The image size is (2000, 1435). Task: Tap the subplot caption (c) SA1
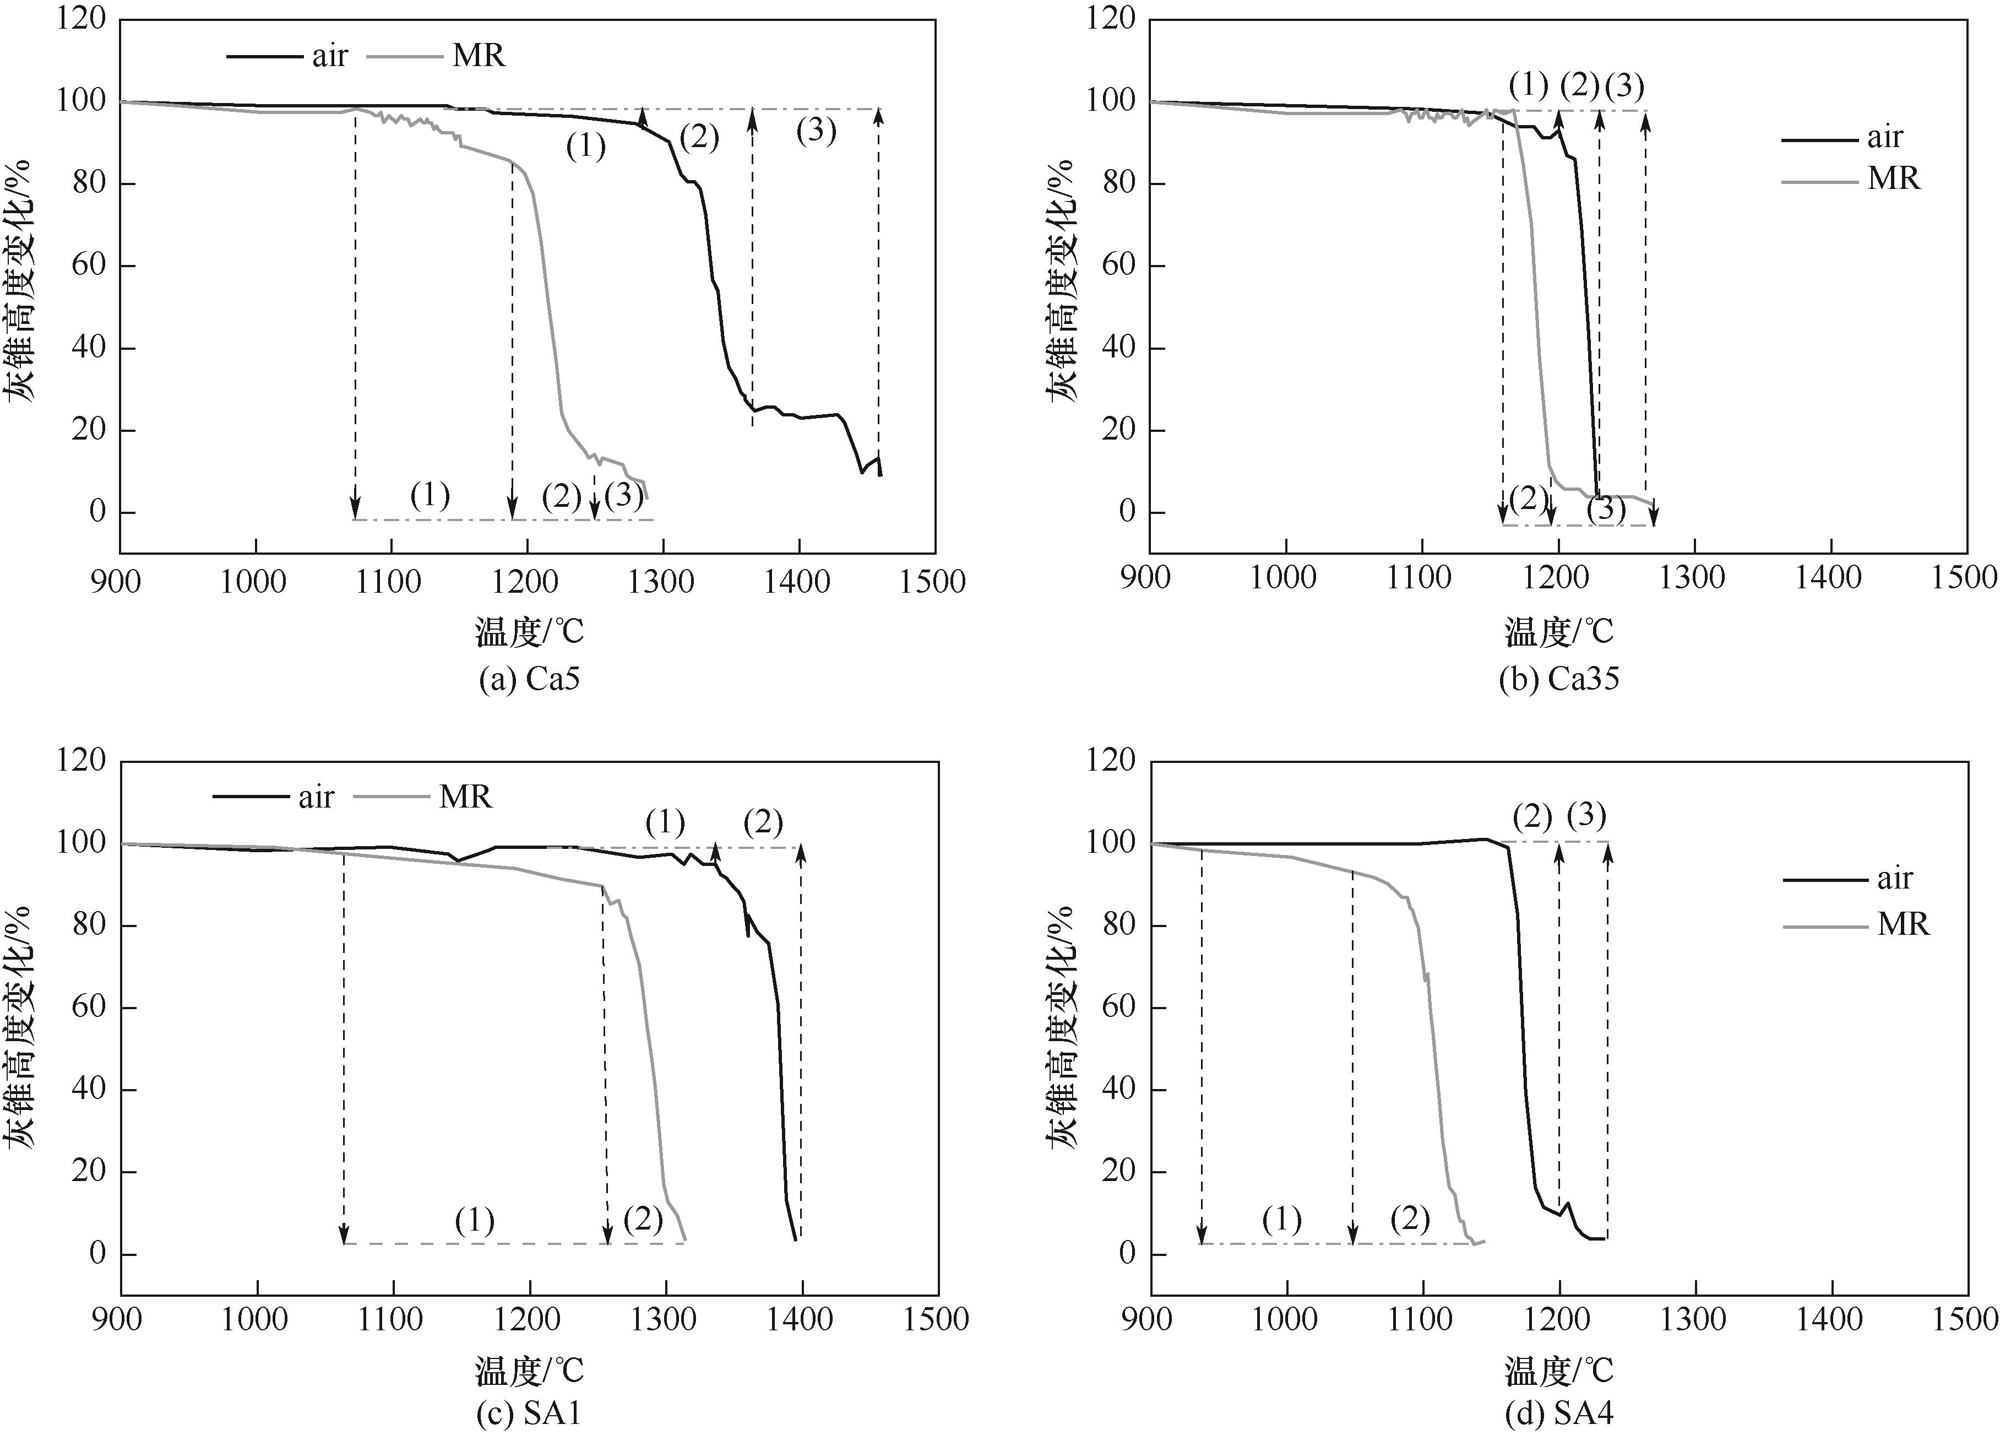click(x=529, y=1414)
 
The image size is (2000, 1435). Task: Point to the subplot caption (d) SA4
click(x=1559, y=1414)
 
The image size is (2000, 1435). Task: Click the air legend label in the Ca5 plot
click(x=330, y=56)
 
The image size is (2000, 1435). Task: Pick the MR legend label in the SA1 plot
click(x=465, y=797)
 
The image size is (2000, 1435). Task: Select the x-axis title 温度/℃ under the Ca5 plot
click(x=530, y=631)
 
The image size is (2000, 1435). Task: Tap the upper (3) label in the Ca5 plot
click(x=816, y=132)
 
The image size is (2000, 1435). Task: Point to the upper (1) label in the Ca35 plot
click(x=1528, y=85)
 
